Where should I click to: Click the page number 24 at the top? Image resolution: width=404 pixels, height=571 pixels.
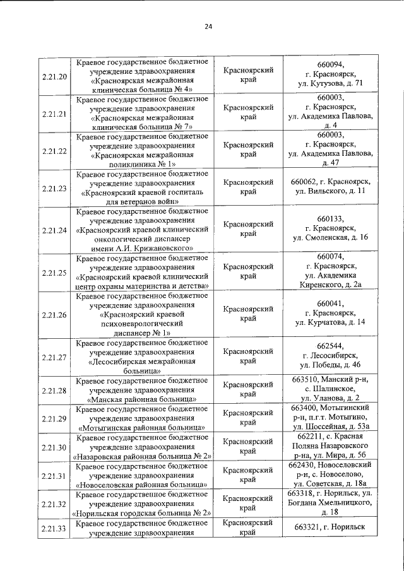click(208, 26)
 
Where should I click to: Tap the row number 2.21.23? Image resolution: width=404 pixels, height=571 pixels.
click(54, 188)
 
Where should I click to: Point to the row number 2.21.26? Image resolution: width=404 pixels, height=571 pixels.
click(54, 314)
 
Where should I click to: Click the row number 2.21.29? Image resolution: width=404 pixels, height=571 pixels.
click(54, 418)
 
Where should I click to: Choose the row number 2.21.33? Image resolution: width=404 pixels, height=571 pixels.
click(54, 528)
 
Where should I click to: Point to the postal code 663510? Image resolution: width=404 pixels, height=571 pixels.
click(303, 379)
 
